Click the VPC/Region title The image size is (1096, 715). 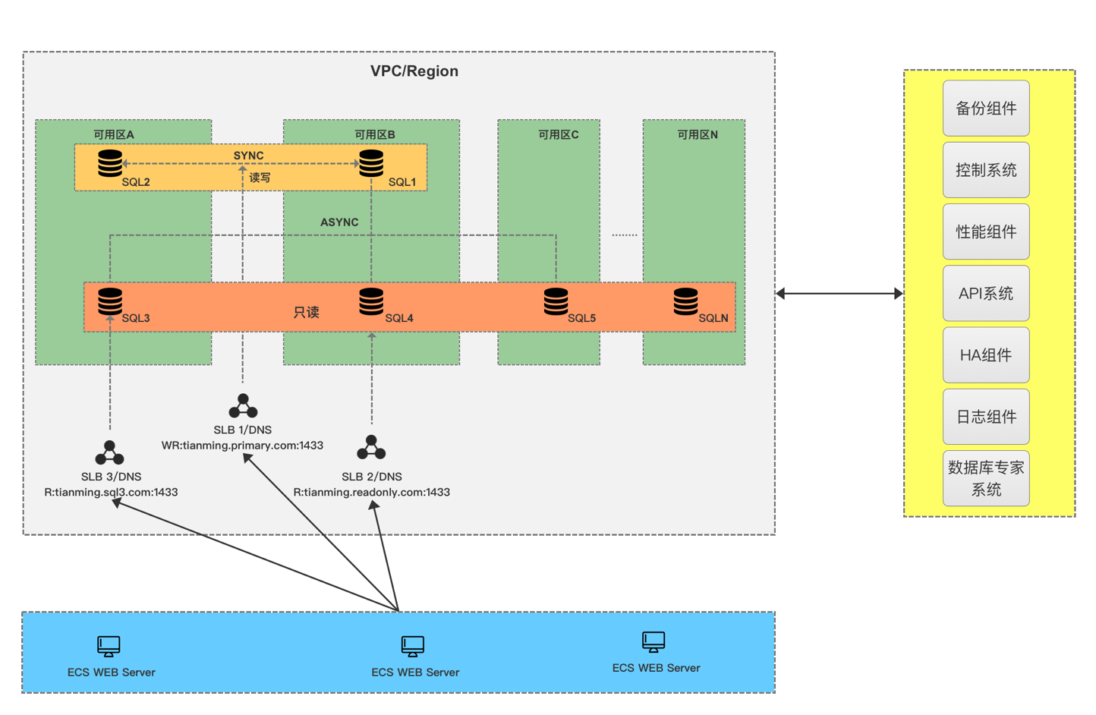[x=414, y=71]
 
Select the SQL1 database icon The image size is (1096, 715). [x=371, y=163]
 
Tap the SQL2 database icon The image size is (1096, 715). [x=110, y=163]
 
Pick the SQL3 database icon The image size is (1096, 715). [x=110, y=301]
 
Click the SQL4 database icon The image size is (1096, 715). [x=371, y=301]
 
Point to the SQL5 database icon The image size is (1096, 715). [x=556, y=301]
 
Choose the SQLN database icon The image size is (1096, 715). [x=685, y=301]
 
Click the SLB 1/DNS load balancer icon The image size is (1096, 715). [x=243, y=406]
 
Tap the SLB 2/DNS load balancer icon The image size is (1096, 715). [x=371, y=448]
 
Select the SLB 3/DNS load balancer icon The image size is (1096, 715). [x=110, y=453]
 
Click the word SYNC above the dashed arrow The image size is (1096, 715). [x=248, y=156]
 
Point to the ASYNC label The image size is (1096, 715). [x=339, y=222]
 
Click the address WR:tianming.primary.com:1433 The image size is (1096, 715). [x=242, y=446]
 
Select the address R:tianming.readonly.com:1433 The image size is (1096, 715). [x=371, y=493]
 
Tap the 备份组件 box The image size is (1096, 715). [x=986, y=109]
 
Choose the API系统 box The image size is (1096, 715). [x=986, y=294]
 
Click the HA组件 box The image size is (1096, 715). [x=986, y=355]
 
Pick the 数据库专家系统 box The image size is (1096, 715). [x=986, y=478]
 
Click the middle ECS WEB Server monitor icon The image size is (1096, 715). [x=413, y=646]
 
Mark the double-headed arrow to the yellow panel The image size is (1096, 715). [x=839, y=294]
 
